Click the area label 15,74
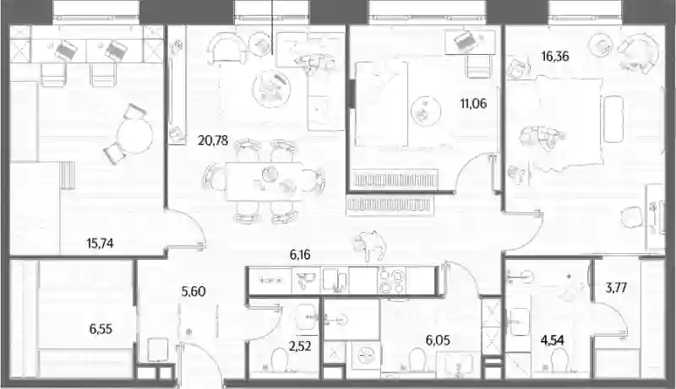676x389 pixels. pyautogui.click(x=100, y=244)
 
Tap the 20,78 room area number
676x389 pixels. pyautogui.click(x=213, y=140)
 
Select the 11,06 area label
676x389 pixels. pyautogui.click(x=473, y=103)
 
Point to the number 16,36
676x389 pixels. pyautogui.click(x=555, y=56)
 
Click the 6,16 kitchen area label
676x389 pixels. pyautogui.click(x=300, y=255)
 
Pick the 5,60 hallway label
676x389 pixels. pyautogui.click(x=194, y=291)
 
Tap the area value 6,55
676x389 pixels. pyautogui.click(x=101, y=329)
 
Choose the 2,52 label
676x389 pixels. pyautogui.click(x=300, y=345)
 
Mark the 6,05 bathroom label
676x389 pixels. pyautogui.click(x=438, y=341)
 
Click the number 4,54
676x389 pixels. pyautogui.click(x=553, y=340)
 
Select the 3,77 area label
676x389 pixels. pyautogui.click(x=616, y=287)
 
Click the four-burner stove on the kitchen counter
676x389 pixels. pyautogui.click(x=392, y=280)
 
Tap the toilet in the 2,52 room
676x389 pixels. pyautogui.click(x=278, y=359)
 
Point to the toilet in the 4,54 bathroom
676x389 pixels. pyautogui.click(x=559, y=359)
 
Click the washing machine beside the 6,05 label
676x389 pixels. pyautogui.click(x=366, y=356)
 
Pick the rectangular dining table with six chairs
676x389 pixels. pyautogui.click(x=264, y=181)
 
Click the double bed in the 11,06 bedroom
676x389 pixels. pyautogui.click(x=381, y=104)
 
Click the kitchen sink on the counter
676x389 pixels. pyautogui.click(x=306, y=280)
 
